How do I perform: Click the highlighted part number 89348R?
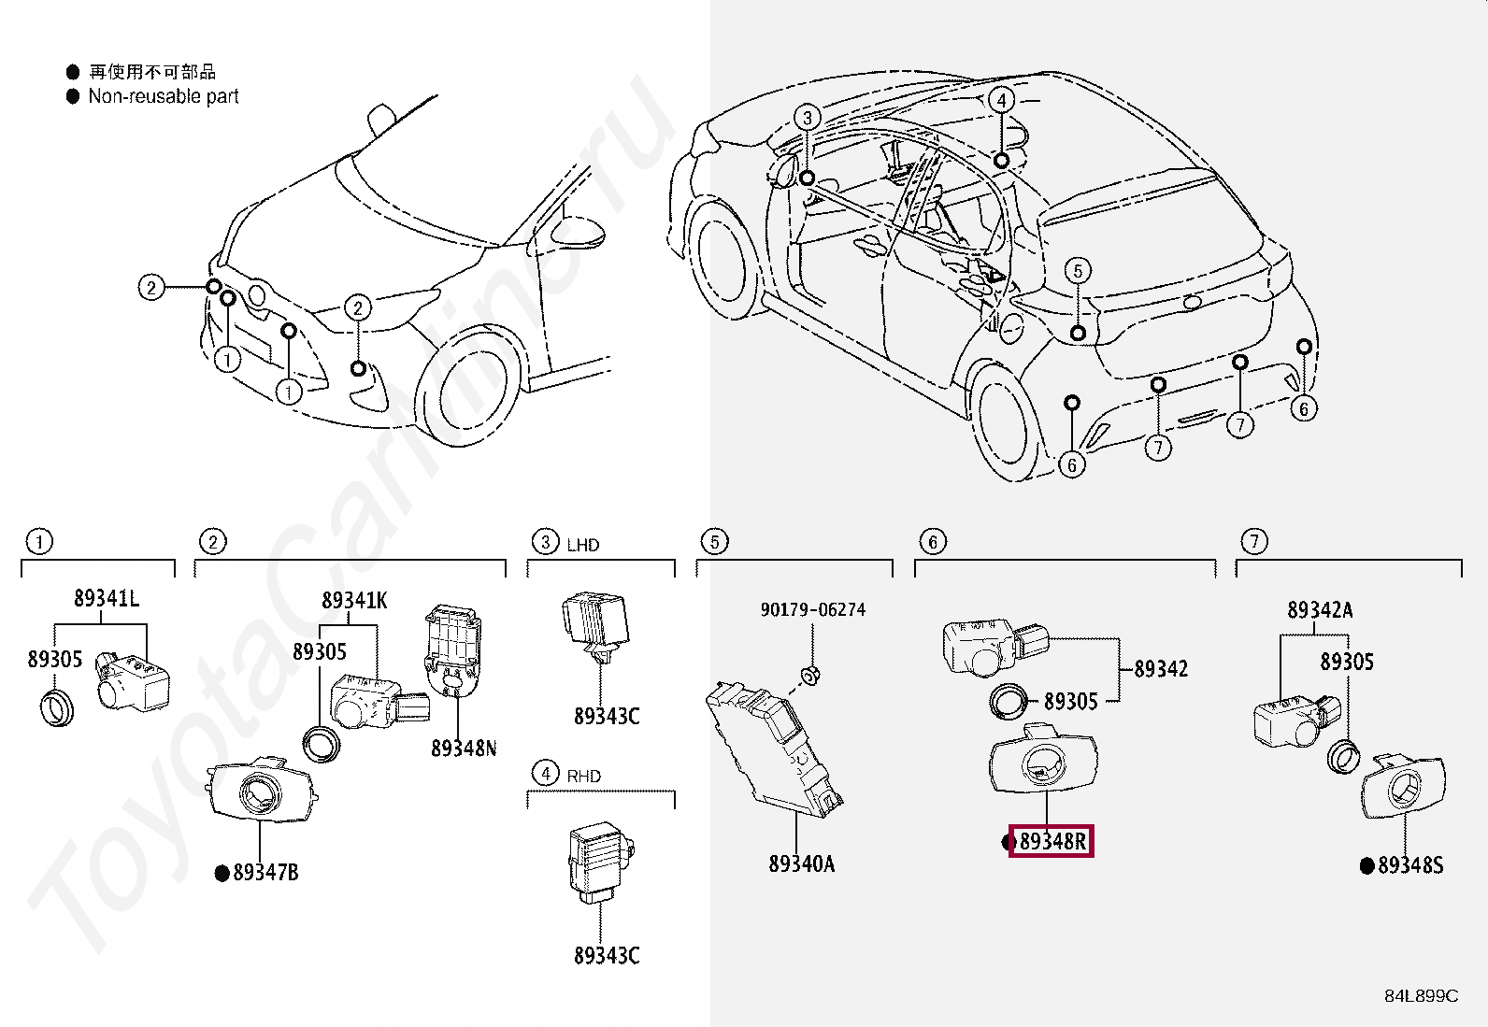pyautogui.click(x=1052, y=842)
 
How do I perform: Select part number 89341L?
pyautogui.click(x=107, y=599)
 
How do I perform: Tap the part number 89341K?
pyautogui.click(x=354, y=601)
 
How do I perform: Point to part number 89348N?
pyautogui.click(x=464, y=749)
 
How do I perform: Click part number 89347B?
pyautogui.click(x=265, y=873)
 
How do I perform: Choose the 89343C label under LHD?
pyautogui.click(x=607, y=717)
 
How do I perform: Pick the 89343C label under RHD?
pyautogui.click(x=607, y=956)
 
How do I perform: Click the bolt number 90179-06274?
pyautogui.click(x=812, y=610)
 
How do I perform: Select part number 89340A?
pyautogui.click(x=801, y=864)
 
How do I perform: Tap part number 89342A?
pyautogui.click(x=1320, y=611)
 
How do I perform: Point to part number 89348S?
pyautogui.click(x=1410, y=865)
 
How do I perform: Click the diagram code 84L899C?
pyautogui.click(x=1421, y=996)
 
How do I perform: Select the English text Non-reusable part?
pyautogui.click(x=164, y=96)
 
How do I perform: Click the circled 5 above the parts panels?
pyautogui.click(x=714, y=542)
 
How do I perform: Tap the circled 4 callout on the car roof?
pyautogui.click(x=1001, y=100)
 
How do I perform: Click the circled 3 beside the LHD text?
pyautogui.click(x=545, y=542)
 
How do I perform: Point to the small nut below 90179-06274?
pyautogui.click(x=811, y=675)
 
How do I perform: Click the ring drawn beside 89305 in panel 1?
pyautogui.click(x=57, y=706)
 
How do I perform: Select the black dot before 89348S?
pyautogui.click(x=1366, y=866)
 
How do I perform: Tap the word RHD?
pyautogui.click(x=583, y=777)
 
